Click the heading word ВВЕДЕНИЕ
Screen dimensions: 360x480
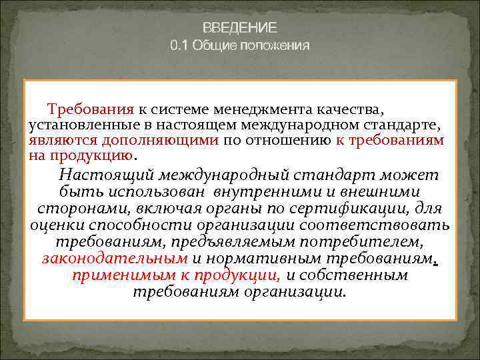point(240,29)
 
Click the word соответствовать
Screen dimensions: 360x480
point(387,225)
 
